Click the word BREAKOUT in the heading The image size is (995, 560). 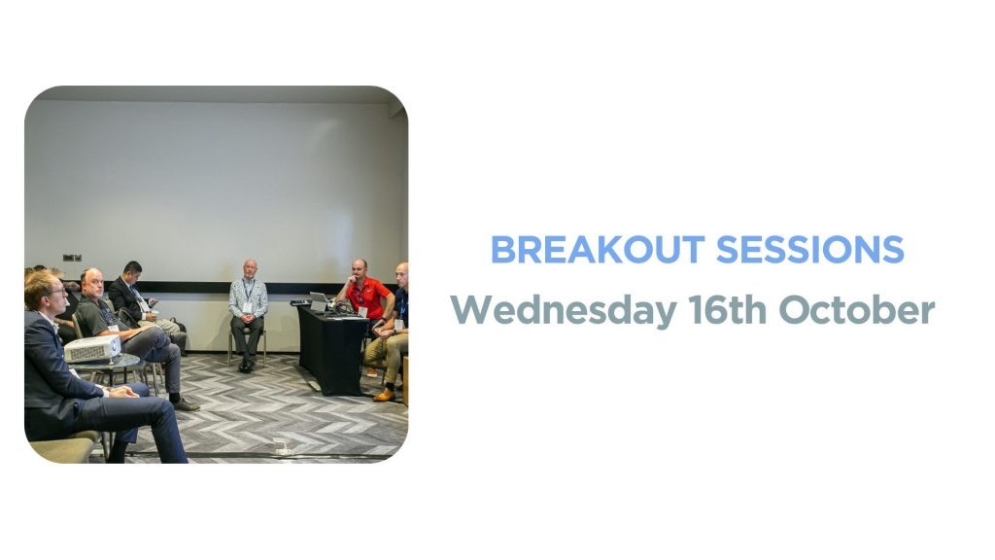[598, 250]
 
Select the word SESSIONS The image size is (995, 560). [809, 250]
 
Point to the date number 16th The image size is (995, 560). [728, 310]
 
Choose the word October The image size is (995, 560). [857, 310]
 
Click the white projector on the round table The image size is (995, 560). [92, 349]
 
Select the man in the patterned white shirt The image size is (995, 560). [248, 314]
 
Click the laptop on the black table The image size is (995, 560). [320, 301]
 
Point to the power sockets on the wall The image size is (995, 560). [72, 258]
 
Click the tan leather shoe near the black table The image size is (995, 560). [384, 395]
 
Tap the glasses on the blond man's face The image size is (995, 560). [55, 292]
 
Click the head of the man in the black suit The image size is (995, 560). [132, 272]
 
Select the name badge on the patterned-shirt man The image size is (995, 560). [247, 308]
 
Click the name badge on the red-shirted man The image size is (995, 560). [362, 312]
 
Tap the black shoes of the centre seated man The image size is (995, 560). [246, 366]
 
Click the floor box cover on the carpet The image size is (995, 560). [282, 449]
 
